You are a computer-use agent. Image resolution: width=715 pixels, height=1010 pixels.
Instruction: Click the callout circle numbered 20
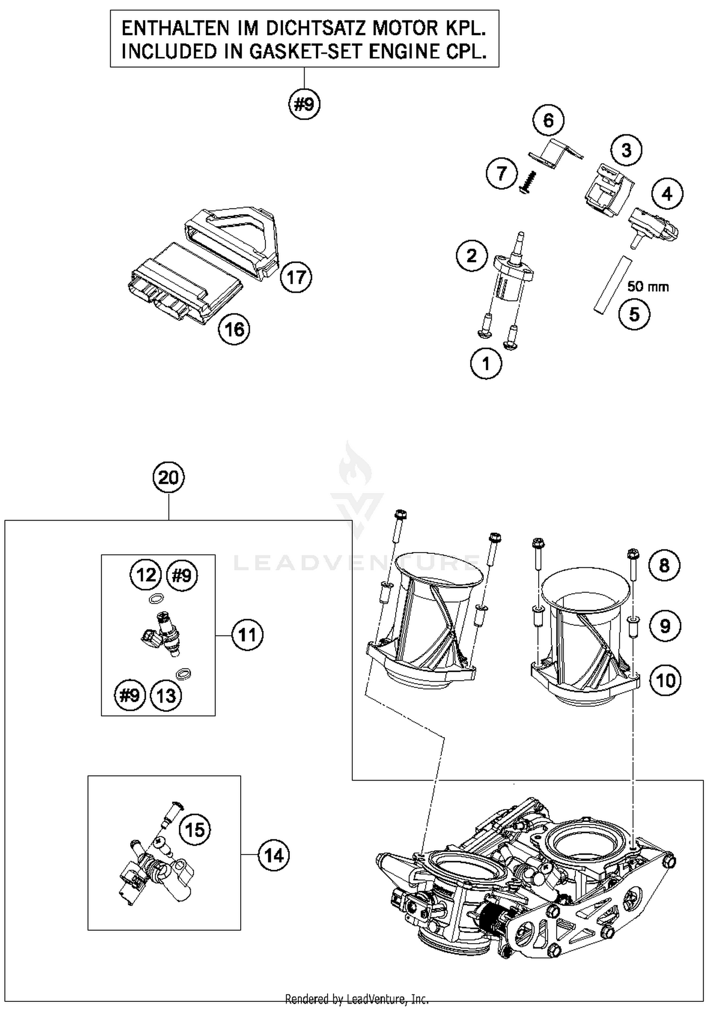pos(168,478)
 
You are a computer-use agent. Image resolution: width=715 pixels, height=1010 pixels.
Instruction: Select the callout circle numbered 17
pos(296,277)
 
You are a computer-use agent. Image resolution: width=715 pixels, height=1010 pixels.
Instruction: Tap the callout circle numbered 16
pos(234,329)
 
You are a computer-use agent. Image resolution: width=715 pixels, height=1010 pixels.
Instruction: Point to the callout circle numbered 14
pos(274,856)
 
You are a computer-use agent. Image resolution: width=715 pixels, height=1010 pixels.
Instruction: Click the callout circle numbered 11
pos(247,635)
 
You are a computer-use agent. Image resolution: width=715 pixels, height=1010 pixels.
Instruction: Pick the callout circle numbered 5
pos(634,314)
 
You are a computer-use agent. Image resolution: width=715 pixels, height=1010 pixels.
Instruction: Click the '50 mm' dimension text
pos(648,287)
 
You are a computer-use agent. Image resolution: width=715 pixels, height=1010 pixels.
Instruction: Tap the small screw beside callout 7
pos(529,183)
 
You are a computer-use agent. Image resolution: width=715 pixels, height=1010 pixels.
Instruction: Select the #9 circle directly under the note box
pos(304,104)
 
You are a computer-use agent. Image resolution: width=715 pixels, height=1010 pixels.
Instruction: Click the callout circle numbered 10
pos(665,680)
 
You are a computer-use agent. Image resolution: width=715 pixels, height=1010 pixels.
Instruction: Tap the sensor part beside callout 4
pos(654,226)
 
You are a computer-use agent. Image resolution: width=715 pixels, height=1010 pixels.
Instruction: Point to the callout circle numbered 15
pos(194,830)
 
